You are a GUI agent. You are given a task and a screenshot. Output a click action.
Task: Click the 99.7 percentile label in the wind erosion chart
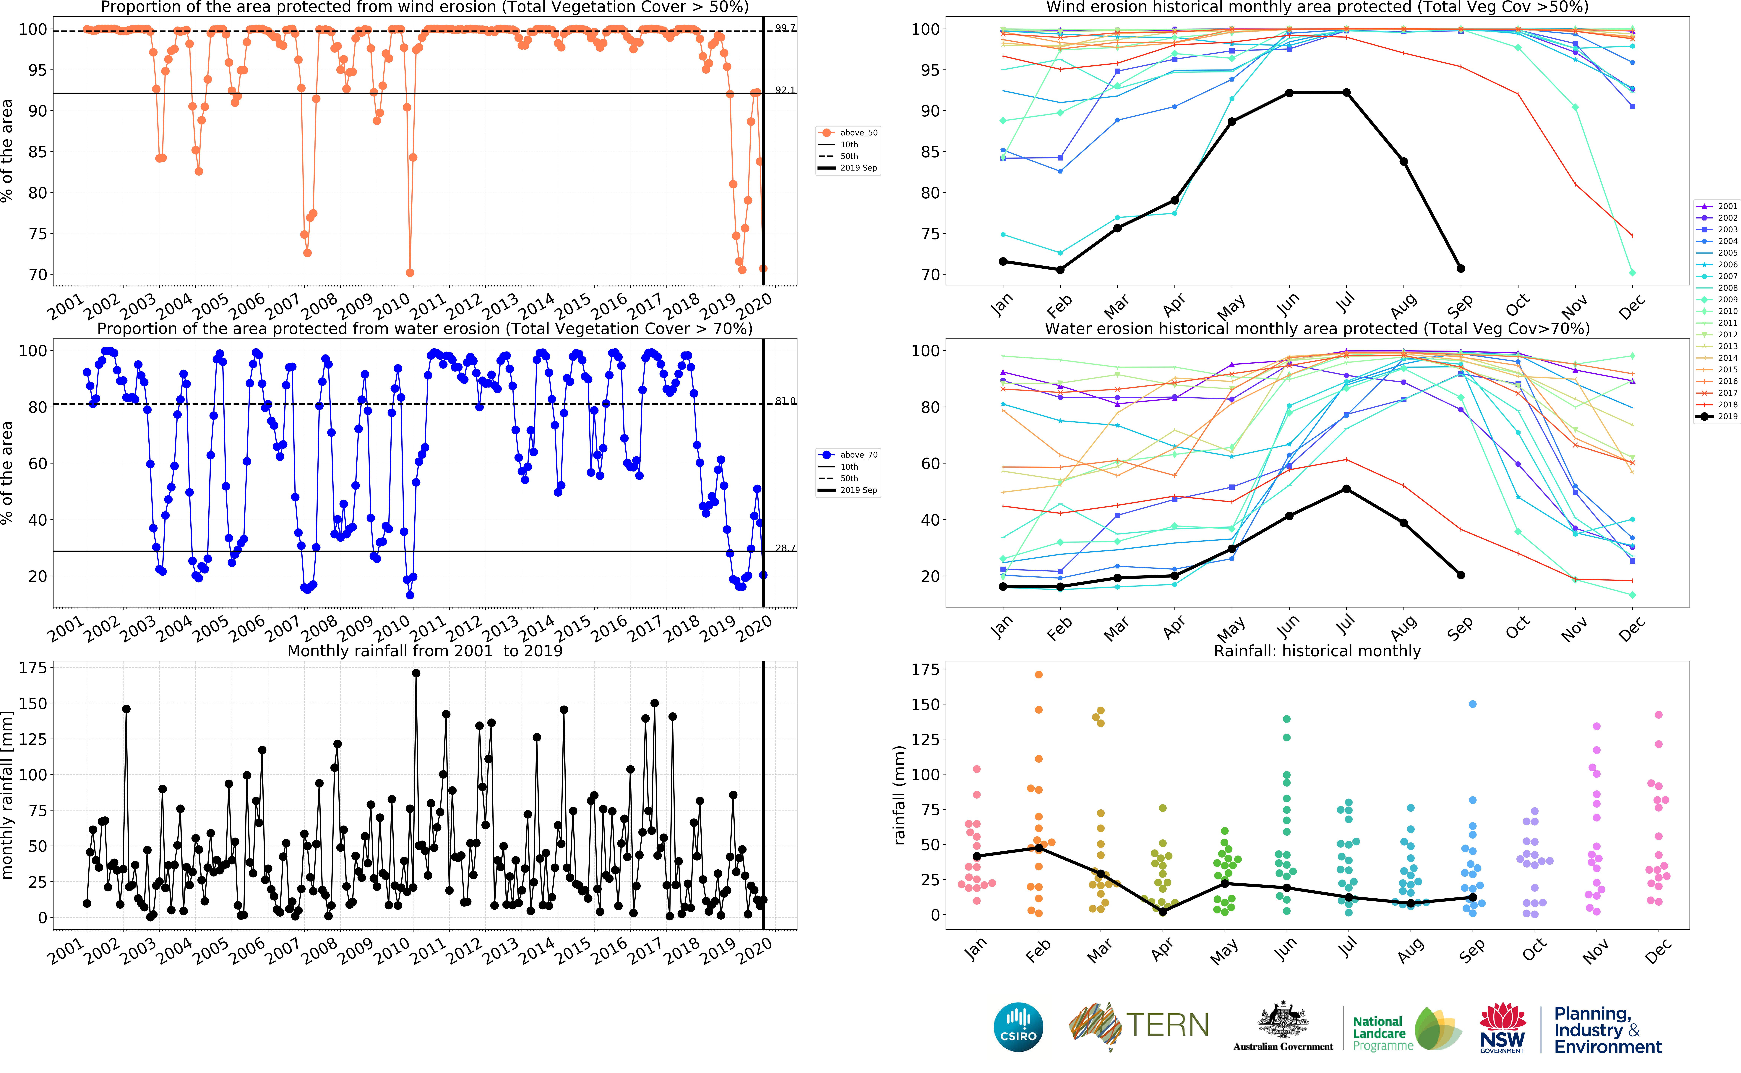tap(785, 28)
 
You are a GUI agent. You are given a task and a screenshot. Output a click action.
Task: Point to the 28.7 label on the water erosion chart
tap(785, 548)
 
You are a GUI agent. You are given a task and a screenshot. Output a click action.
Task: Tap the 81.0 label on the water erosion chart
tap(785, 401)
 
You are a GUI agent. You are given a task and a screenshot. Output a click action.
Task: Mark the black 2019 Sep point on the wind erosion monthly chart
tap(1461, 268)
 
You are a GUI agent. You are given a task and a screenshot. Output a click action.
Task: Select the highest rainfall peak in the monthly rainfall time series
tap(416, 673)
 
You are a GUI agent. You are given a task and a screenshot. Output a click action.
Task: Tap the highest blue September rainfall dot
tap(1473, 704)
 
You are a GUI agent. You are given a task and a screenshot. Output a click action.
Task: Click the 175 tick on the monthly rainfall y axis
tap(33, 668)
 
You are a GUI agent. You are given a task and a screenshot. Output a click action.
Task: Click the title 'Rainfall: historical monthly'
tap(1317, 651)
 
